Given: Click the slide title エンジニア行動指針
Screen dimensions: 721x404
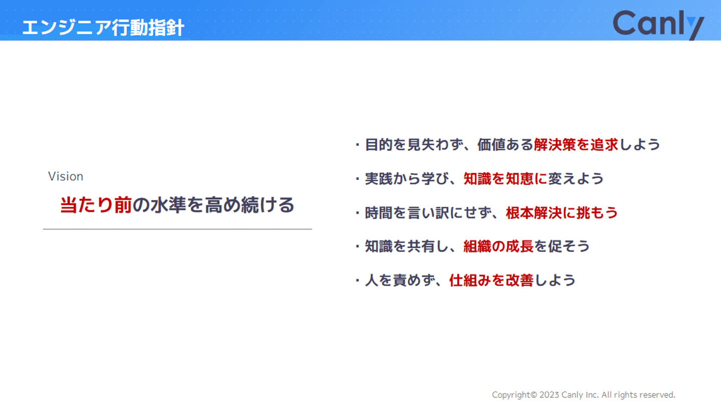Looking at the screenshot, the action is pyautogui.click(x=103, y=28).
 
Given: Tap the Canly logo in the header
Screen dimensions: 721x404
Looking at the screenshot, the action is pyautogui.click(x=658, y=24).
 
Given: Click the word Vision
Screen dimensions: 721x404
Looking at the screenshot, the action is pyautogui.click(x=66, y=176).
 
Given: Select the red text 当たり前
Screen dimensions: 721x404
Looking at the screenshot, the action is pyautogui.click(x=96, y=205).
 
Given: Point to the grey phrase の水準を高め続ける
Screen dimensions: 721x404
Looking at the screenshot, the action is pyautogui.click(x=214, y=205).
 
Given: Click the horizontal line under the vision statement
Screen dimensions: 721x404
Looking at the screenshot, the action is pyautogui.click(x=177, y=229).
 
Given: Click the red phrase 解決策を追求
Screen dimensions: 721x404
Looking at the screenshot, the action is pyautogui.click(x=576, y=145).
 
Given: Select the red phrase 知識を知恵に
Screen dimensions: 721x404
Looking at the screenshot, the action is pyautogui.click(x=505, y=179).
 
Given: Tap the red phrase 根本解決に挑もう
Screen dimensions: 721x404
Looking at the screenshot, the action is pyautogui.click(x=562, y=213).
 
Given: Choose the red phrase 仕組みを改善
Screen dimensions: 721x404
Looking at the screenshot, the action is pyautogui.click(x=491, y=280).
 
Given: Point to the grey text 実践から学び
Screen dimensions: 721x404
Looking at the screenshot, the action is pyautogui.click(x=407, y=179).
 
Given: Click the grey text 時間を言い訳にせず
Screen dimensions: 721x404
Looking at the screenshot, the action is pyautogui.click(x=428, y=213).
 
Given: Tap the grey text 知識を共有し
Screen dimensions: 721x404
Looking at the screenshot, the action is pyautogui.click(x=407, y=247).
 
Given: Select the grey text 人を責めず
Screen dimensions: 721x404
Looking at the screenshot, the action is pyautogui.click(x=400, y=280).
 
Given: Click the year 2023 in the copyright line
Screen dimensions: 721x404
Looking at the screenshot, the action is pyautogui.click(x=549, y=395).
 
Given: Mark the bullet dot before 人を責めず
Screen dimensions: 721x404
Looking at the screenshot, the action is pyautogui.click(x=357, y=281).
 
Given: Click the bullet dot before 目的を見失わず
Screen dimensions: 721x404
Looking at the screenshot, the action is pyautogui.click(x=357, y=145).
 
